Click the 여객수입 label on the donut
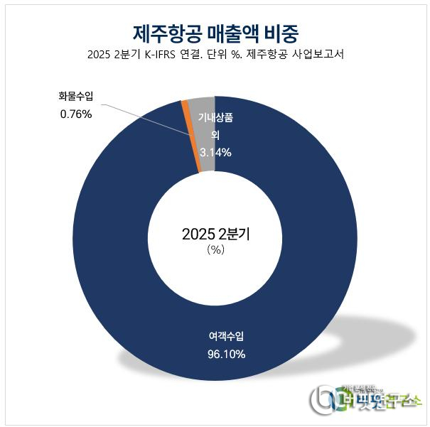pos(227,336)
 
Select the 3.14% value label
pos(215,151)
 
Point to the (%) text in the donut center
pos(215,251)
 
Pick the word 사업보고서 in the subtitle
pos(316,55)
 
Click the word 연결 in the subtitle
pos(199,55)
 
